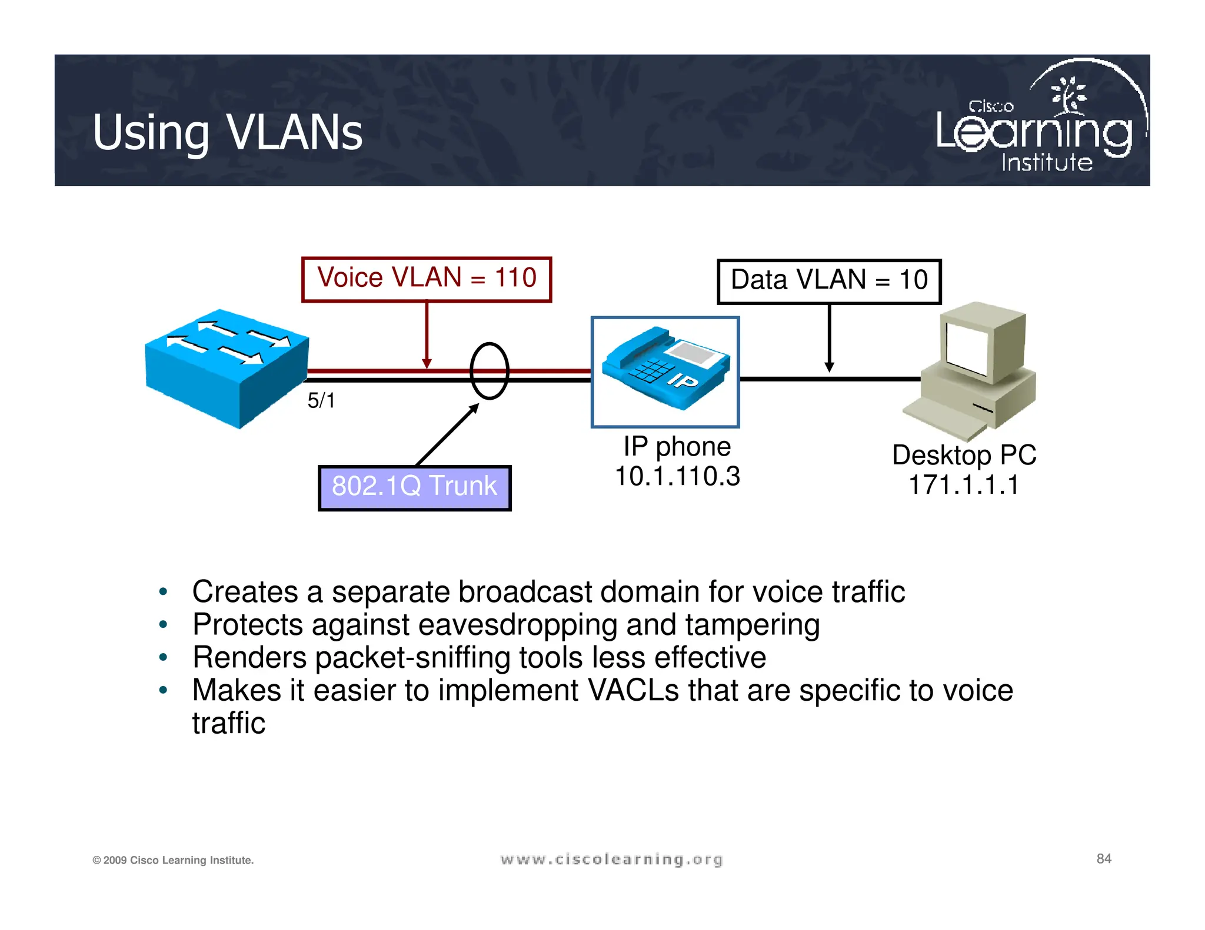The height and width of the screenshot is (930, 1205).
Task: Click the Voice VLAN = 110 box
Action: (x=427, y=279)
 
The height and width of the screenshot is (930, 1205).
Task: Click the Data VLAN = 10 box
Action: (x=829, y=281)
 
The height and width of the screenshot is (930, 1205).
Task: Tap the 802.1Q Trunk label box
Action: (x=414, y=487)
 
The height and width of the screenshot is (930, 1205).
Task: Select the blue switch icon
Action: (x=227, y=368)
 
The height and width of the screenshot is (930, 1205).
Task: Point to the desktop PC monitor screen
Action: (x=967, y=349)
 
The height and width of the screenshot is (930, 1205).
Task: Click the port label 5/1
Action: (x=321, y=401)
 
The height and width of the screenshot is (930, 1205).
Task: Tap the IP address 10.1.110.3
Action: (x=677, y=476)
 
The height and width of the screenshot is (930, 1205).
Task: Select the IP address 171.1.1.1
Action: (x=964, y=486)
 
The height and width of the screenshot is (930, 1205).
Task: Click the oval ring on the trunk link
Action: (x=489, y=371)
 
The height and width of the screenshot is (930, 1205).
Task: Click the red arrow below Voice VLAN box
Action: (x=427, y=335)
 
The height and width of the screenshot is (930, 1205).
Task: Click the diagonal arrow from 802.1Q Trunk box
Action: (x=447, y=435)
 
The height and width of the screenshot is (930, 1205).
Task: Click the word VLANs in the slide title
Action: (x=294, y=133)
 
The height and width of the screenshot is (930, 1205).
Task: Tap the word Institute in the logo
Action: (x=1047, y=163)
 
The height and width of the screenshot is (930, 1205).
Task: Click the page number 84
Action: (x=1104, y=859)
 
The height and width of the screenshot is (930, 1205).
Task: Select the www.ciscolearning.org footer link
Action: (x=611, y=859)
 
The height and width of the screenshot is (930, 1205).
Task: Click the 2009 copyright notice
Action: (x=173, y=860)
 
